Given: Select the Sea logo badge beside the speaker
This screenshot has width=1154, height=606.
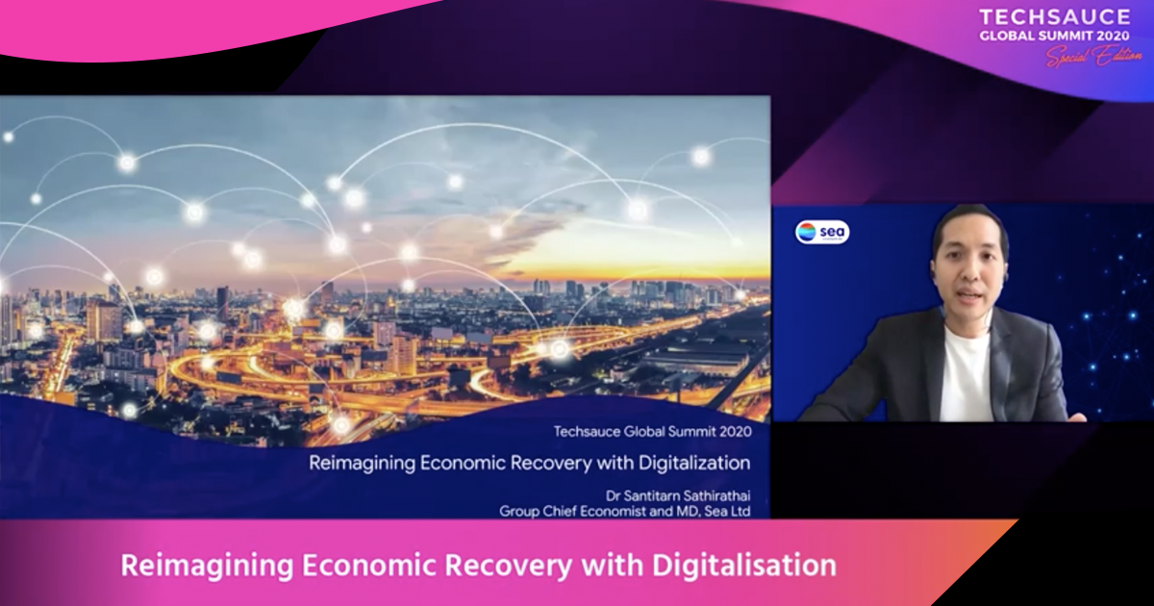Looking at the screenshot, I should tap(822, 232).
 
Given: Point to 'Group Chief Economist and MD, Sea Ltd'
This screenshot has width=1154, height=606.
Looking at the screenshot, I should tap(624, 511).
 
